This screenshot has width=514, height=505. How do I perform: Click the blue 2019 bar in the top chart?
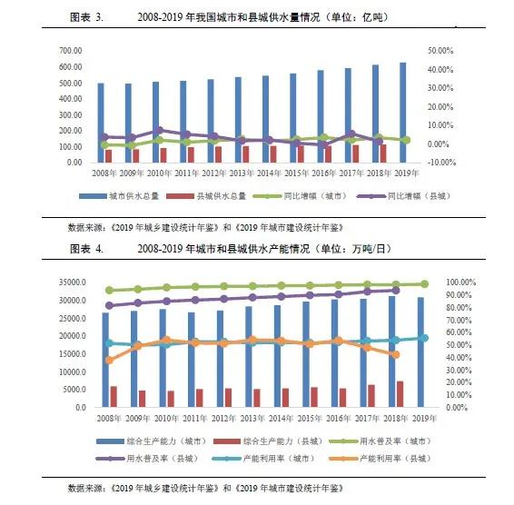click(x=402, y=112)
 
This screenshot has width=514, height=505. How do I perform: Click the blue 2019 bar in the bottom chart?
click(x=420, y=352)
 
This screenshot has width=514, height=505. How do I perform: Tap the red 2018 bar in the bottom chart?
click(x=400, y=393)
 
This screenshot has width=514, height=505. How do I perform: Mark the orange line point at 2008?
click(x=110, y=360)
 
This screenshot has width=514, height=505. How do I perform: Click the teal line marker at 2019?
click(x=424, y=338)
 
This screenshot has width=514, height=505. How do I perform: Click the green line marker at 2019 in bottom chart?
click(x=424, y=284)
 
